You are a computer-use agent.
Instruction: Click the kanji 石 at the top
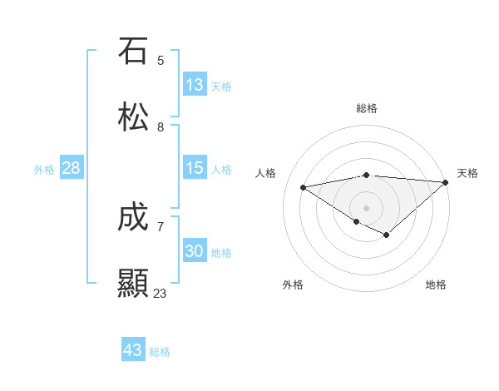pyautogui.click(x=133, y=51)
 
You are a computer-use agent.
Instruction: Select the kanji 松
pyautogui.click(x=133, y=117)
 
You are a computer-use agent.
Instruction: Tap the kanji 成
pyautogui.click(x=133, y=217)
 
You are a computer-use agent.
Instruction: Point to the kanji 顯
pyautogui.click(x=133, y=284)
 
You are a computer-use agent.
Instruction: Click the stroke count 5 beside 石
pyautogui.click(x=161, y=60)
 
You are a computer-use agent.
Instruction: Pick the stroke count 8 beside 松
pyautogui.click(x=161, y=126)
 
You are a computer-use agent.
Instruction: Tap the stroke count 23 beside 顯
pyautogui.click(x=160, y=293)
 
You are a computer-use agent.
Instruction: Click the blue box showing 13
pyautogui.click(x=195, y=85)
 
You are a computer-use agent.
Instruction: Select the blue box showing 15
pyautogui.click(x=195, y=168)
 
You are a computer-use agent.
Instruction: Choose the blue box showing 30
pyautogui.click(x=195, y=251)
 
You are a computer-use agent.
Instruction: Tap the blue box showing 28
pyautogui.click(x=72, y=168)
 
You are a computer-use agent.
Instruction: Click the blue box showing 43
pyautogui.click(x=133, y=350)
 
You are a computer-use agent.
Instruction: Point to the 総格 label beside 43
pyautogui.click(x=161, y=352)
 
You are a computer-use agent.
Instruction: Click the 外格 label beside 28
pyautogui.click(x=44, y=170)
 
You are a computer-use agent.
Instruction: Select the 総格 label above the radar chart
pyautogui.click(x=367, y=108)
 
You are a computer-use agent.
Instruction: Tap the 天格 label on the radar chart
pyautogui.click(x=467, y=173)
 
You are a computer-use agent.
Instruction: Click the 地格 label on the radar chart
pyautogui.click(x=436, y=285)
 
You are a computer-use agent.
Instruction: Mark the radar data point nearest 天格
pyautogui.click(x=446, y=182)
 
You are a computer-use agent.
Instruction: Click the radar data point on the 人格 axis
pyautogui.click(x=304, y=186)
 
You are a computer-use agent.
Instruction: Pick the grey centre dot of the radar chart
pyautogui.click(x=367, y=207)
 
